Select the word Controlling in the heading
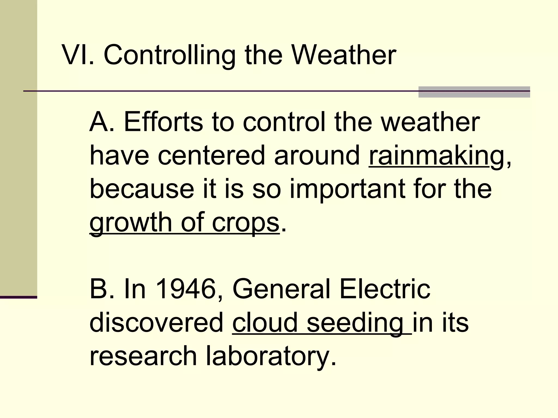[169, 55]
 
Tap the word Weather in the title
[344, 55]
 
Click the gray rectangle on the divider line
[474, 92]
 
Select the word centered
[211, 156]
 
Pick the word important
[347, 189]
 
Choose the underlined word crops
[245, 222]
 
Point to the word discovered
[156, 322]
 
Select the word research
[143, 356]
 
